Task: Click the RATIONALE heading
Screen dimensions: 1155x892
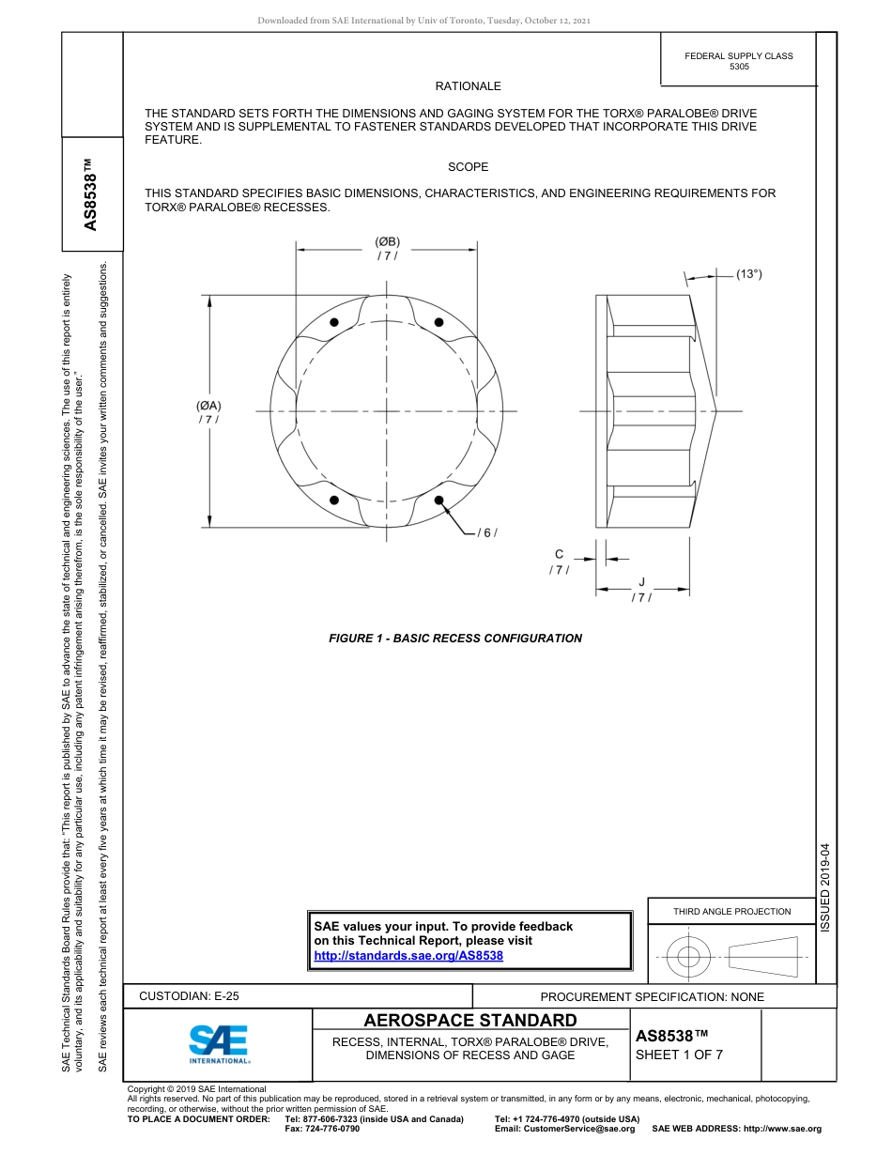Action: point(468,86)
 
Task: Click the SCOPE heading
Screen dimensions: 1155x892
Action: point(468,167)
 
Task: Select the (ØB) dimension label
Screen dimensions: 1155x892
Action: point(387,242)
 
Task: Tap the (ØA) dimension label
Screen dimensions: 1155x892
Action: point(208,406)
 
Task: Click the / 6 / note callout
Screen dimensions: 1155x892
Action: point(486,533)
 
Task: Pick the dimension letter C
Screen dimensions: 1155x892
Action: point(559,555)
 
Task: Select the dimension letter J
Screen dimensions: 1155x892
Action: point(642,582)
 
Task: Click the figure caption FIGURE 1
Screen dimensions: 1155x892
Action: point(454,639)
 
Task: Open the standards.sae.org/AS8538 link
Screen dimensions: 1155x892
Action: point(408,955)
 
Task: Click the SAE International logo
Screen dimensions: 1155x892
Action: point(219,1043)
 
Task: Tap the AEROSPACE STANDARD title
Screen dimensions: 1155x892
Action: point(470,1021)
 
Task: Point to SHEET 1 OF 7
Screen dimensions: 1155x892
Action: point(679,1055)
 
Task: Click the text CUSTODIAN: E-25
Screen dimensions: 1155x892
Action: point(189,996)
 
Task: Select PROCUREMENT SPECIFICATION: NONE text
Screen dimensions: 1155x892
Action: point(652,997)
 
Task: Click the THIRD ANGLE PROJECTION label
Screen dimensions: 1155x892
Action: point(731,911)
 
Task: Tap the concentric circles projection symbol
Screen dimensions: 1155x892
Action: point(689,958)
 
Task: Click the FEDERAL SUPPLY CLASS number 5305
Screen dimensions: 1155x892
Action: point(739,67)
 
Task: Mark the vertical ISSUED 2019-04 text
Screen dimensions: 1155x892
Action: point(825,887)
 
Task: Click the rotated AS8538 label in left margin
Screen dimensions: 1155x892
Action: point(91,194)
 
